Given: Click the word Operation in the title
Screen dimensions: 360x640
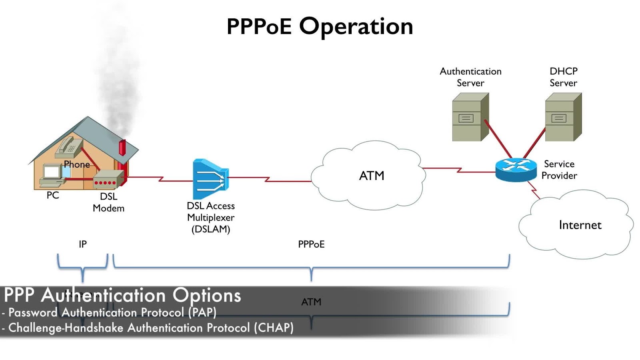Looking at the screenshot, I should (356, 26).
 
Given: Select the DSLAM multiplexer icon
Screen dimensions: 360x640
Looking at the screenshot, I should (210, 179).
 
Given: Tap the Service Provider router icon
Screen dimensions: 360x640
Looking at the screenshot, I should (516, 170).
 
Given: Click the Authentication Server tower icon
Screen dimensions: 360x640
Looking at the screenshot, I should (470, 117).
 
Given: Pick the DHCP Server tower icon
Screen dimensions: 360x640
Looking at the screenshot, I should (563, 117).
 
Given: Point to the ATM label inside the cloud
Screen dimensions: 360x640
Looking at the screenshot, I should (372, 176).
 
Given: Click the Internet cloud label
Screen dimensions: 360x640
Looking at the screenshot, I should (580, 225).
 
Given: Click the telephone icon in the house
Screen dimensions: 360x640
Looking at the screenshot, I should (69, 145).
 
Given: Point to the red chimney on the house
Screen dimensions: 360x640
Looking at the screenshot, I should (122, 148).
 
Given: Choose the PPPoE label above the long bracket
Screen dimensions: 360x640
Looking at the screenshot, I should (311, 244).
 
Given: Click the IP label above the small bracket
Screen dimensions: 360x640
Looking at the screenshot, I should (83, 244).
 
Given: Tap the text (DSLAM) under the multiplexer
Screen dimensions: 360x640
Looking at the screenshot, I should (211, 229).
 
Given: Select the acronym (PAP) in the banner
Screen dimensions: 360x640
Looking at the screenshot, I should (202, 312).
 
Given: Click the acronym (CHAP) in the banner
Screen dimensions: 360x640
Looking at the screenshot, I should (274, 328).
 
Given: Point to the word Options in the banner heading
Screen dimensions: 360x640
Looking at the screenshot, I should (207, 295).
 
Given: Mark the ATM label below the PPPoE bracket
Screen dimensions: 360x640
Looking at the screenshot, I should (311, 302).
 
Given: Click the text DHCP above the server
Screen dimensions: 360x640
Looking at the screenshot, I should (563, 71).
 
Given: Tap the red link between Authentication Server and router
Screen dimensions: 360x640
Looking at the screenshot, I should (498, 140).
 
